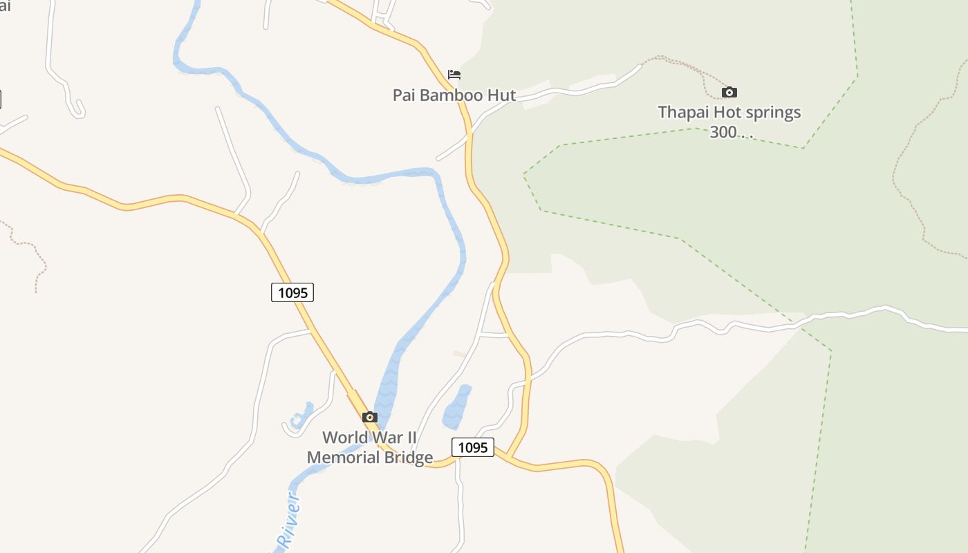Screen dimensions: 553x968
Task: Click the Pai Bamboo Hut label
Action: [x=454, y=95]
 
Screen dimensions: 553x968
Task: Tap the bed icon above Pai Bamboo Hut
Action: [x=454, y=75]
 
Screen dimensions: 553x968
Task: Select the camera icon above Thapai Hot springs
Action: [x=729, y=92]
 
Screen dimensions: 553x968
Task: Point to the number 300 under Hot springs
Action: [x=723, y=132]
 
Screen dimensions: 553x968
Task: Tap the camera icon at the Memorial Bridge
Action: [x=370, y=417]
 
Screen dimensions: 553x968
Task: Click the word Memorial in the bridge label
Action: [x=341, y=458]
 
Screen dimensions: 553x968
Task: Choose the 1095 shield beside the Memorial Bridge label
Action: [x=473, y=447]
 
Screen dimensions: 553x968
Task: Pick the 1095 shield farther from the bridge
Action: [x=292, y=292]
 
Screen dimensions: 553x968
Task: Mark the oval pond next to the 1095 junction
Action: [x=456, y=406]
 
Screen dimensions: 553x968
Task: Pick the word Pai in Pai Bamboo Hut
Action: [x=404, y=95]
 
